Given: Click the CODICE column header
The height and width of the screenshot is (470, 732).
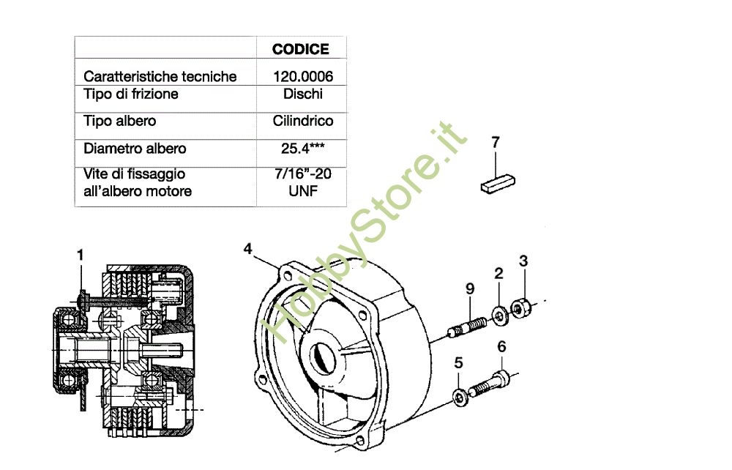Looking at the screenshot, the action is pyautogui.click(x=300, y=49).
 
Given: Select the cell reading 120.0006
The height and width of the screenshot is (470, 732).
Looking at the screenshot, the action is pyautogui.click(x=300, y=76).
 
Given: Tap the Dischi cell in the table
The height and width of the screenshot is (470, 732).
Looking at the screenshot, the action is pyautogui.click(x=302, y=94).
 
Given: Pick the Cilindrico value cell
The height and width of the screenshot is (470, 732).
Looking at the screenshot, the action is pyautogui.click(x=302, y=121).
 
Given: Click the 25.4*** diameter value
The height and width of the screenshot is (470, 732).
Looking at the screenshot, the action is pyautogui.click(x=302, y=149).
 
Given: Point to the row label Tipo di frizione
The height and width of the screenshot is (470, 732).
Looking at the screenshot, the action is pyautogui.click(x=131, y=94).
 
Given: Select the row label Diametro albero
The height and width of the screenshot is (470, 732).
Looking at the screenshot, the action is pyautogui.click(x=135, y=149).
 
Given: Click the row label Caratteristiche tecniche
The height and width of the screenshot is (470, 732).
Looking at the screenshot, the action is pyautogui.click(x=160, y=76).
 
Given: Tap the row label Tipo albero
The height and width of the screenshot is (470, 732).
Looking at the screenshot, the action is pyautogui.click(x=119, y=121).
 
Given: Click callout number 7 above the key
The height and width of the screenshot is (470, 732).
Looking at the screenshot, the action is pyautogui.click(x=496, y=142).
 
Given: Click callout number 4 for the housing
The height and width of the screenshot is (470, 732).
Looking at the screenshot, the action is pyautogui.click(x=248, y=250).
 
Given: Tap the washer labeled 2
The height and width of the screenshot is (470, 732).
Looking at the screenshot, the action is pyautogui.click(x=499, y=315).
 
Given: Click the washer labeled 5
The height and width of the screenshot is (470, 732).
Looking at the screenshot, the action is pyautogui.click(x=459, y=398).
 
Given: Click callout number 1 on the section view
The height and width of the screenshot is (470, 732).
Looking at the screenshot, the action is pyautogui.click(x=81, y=255).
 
